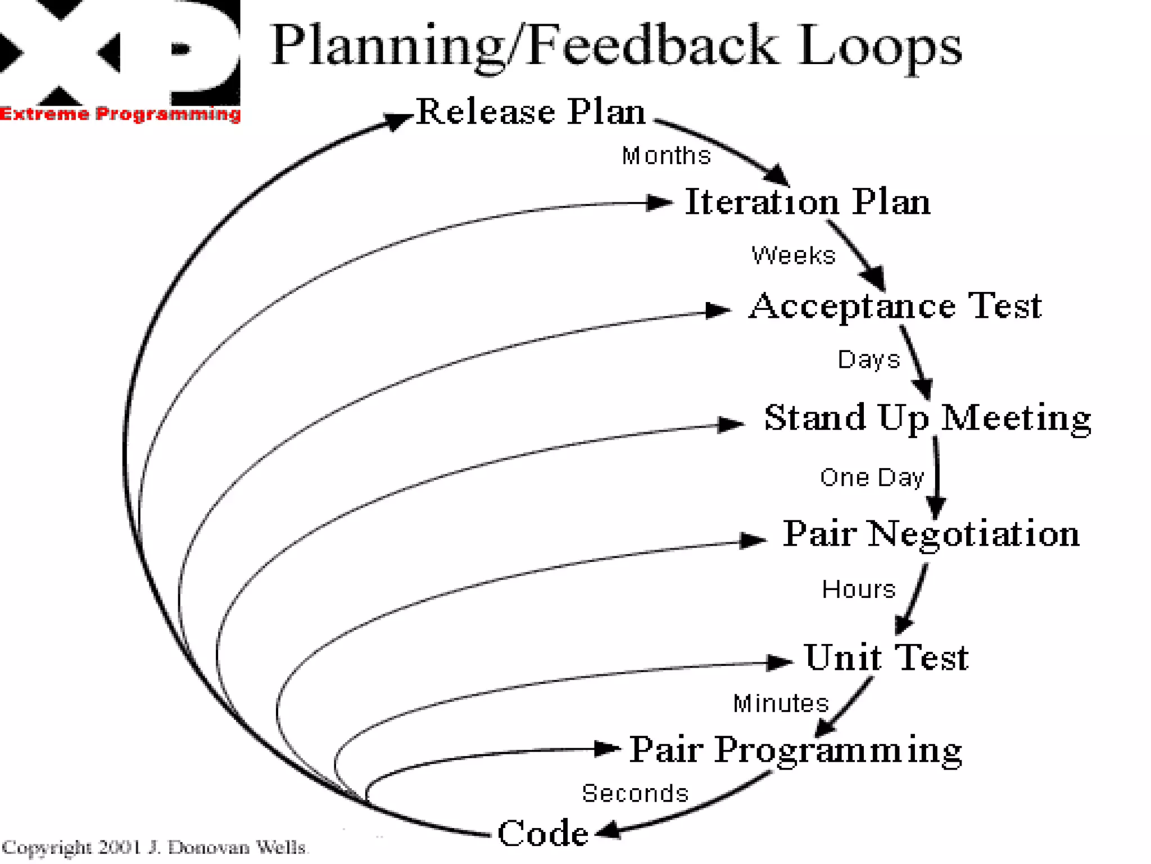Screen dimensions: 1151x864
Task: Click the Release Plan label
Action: click(531, 111)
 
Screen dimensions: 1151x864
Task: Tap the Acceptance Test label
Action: click(895, 307)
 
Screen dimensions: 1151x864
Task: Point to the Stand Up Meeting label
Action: click(927, 418)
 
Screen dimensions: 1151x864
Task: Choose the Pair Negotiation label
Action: click(931, 533)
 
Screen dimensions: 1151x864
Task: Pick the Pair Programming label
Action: click(795, 750)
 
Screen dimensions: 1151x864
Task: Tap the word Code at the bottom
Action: click(543, 833)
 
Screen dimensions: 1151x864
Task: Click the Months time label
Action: click(666, 156)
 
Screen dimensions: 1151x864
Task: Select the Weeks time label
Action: click(794, 255)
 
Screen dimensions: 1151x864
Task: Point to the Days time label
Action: click(869, 359)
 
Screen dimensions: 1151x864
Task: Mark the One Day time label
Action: click(872, 478)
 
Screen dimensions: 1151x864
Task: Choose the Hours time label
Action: click(859, 589)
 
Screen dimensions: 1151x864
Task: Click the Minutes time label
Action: click(781, 703)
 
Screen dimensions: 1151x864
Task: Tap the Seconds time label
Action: click(635, 793)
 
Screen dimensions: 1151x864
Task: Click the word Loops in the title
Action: click(880, 46)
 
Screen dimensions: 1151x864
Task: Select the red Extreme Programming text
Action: click(120, 114)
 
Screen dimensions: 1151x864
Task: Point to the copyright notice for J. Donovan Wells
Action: click(155, 847)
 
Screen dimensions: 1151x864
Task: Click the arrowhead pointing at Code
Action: click(607, 831)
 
